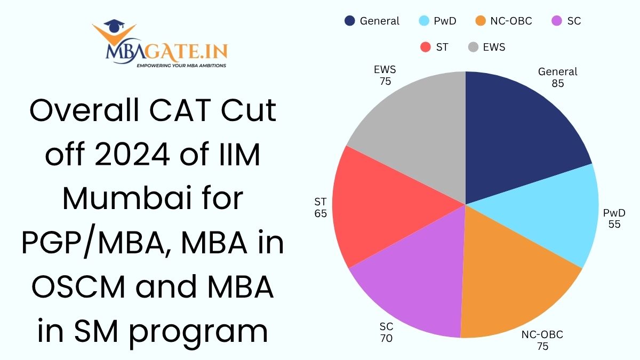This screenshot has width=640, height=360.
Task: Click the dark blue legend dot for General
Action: [x=349, y=21]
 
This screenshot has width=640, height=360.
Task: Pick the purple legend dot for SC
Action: [x=557, y=21]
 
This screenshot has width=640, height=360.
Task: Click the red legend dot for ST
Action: [x=425, y=47]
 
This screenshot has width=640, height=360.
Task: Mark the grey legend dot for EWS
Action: [x=472, y=47]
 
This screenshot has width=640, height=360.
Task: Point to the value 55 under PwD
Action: [x=614, y=224]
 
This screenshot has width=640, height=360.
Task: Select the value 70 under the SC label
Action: [x=387, y=338]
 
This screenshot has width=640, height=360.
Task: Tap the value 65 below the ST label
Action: [x=321, y=213]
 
